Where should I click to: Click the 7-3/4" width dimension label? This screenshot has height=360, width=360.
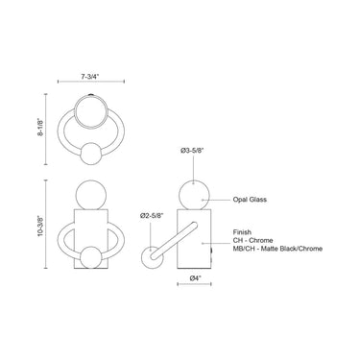(90, 77)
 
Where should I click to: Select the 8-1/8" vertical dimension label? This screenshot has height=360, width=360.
(40, 128)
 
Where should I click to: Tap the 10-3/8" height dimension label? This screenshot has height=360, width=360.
(40, 226)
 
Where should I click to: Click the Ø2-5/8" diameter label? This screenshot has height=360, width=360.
(152, 216)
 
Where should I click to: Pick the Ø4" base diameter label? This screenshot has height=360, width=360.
(195, 278)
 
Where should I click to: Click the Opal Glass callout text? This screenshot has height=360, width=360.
(250, 200)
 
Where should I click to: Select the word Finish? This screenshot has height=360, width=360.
(242, 232)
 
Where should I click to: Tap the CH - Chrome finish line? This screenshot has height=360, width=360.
(252, 240)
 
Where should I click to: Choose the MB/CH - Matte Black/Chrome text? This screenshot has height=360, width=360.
(277, 249)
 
